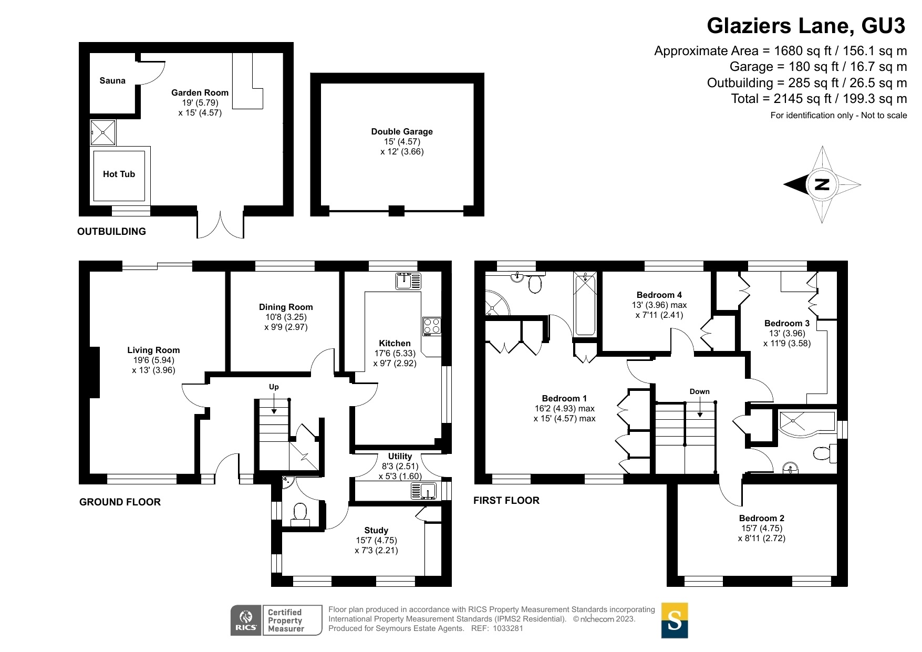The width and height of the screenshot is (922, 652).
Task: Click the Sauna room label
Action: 112,80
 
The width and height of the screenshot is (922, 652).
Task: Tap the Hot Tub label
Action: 119,174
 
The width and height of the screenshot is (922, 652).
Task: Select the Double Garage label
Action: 402,131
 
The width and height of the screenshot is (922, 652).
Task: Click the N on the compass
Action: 822,184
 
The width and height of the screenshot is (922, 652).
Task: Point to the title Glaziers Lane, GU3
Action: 806,25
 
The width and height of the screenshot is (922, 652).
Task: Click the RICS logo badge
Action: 246,620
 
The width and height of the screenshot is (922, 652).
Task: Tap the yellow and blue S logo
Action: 675,620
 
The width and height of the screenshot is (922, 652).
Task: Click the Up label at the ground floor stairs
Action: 274,387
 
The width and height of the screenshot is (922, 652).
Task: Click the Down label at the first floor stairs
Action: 700,391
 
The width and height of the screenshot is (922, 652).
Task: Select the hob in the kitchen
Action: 432,326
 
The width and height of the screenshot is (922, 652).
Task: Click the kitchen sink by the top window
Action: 408,281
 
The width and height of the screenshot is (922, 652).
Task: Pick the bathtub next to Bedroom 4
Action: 585,304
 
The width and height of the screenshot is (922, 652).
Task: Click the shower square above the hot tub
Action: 103,132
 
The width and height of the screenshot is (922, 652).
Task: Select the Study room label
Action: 376,530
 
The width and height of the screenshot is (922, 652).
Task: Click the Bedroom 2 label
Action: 762,518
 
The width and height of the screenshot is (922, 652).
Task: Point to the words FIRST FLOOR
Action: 506,501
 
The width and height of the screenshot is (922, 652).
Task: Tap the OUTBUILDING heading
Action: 111,232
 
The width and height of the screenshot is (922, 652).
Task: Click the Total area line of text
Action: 819,99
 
